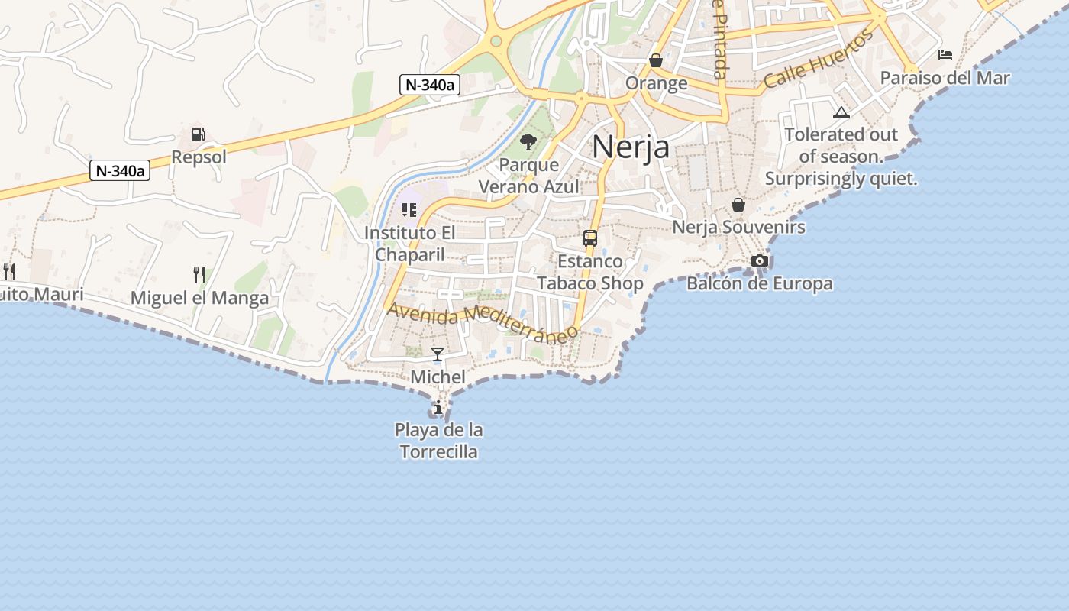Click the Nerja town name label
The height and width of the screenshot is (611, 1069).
631,147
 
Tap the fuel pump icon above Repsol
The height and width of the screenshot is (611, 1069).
199,134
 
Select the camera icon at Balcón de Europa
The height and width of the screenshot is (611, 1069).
760,261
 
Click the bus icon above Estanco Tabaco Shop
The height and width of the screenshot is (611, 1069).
589,238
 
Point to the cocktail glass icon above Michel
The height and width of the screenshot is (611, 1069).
438,354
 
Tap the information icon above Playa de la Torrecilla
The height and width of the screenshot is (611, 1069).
438,408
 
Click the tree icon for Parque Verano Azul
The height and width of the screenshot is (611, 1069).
528,141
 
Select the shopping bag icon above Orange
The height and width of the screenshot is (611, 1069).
656,60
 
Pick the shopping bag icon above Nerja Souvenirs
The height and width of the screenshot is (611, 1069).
738,205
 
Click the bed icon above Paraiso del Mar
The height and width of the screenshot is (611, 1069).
945,55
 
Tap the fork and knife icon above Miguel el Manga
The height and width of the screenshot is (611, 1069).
199,274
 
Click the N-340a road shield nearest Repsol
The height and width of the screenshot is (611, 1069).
120,170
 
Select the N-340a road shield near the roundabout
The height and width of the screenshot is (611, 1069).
430,85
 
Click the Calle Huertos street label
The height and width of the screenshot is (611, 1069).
819,60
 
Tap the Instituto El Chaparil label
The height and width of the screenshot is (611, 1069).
409,243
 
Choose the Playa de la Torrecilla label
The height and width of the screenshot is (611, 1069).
439,441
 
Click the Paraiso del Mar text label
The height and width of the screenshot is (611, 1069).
945,78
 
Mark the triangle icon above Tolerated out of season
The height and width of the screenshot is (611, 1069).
841,113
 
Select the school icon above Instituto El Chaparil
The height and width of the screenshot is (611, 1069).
409,209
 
